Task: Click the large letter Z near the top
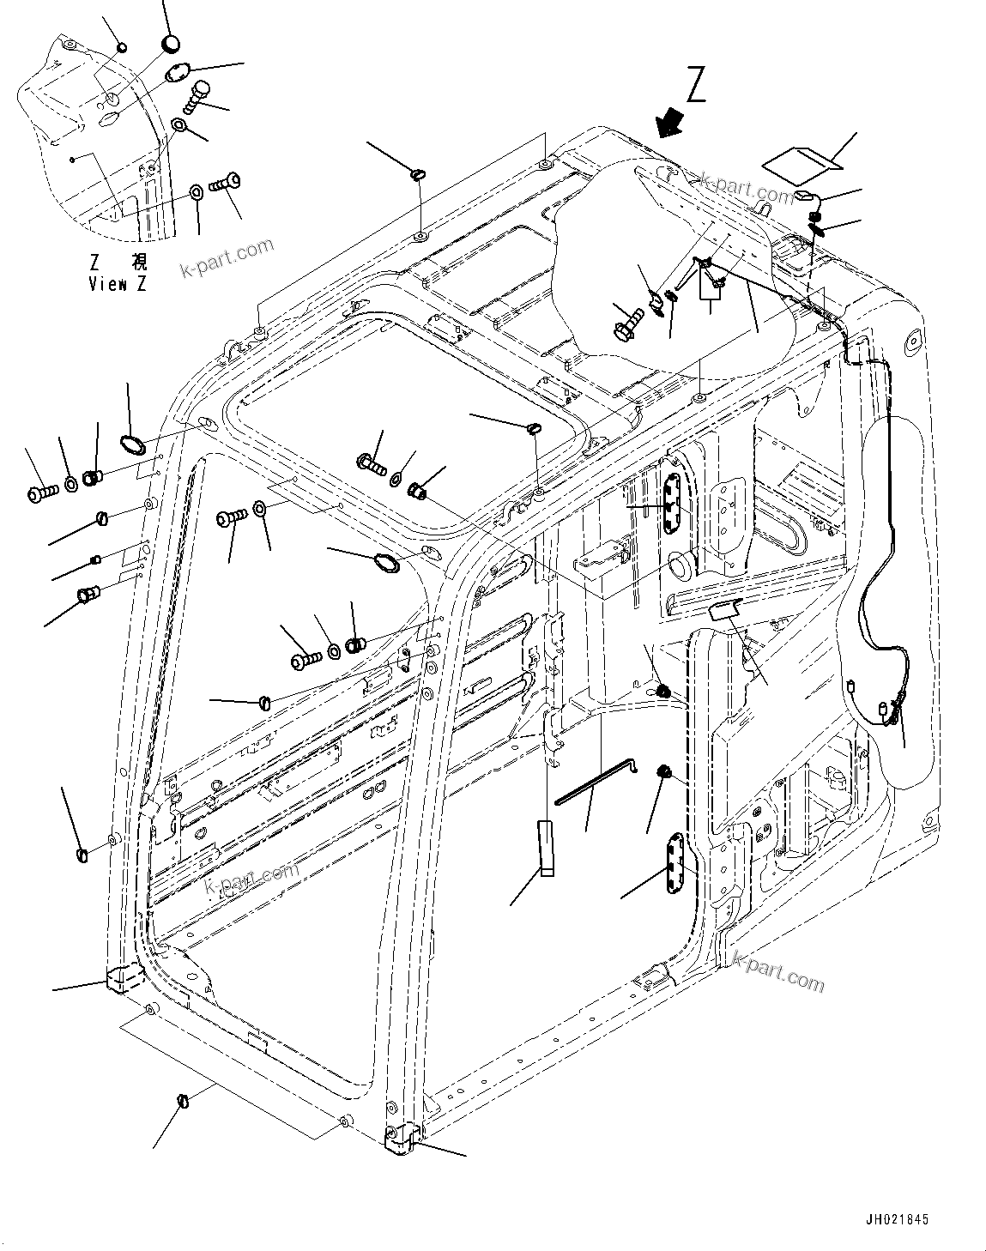696,87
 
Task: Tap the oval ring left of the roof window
131,444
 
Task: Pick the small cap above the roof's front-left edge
418,175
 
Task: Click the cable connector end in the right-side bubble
884,709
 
